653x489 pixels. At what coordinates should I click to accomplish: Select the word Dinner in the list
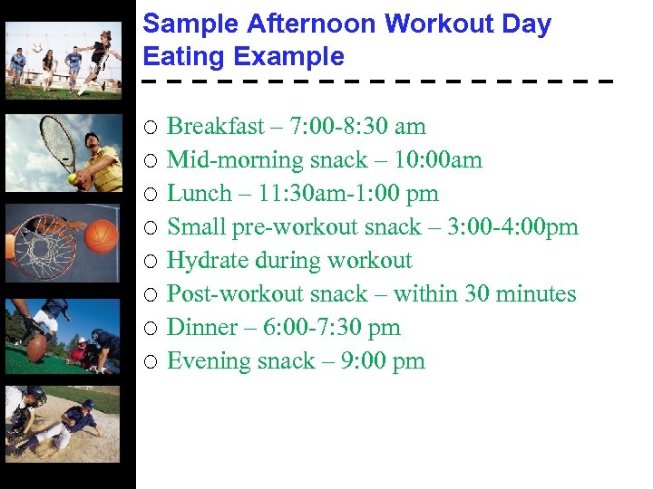click(x=200, y=328)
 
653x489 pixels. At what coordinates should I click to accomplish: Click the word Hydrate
click(x=209, y=261)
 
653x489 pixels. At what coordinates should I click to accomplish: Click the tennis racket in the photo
click(x=59, y=140)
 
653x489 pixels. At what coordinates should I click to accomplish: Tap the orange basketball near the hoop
click(x=102, y=235)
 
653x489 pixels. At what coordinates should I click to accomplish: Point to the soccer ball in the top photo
click(x=37, y=47)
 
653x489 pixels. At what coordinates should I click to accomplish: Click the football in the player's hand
click(x=36, y=348)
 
